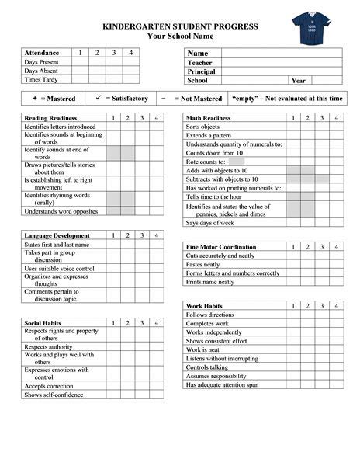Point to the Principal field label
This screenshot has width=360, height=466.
(x=201, y=71)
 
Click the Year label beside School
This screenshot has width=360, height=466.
(x=298, y=80)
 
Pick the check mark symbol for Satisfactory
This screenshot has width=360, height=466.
(x=98, y=99)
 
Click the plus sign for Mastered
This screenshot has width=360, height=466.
(x=35, y=99)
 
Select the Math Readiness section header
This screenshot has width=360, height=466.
(x=209, y=118)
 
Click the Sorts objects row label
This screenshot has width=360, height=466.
(x=204, y=127)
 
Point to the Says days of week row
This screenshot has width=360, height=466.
(x=210, y=223)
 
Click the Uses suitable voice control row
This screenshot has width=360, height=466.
(x=59, y=269)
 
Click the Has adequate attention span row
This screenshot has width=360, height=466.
(x=223, y=384)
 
